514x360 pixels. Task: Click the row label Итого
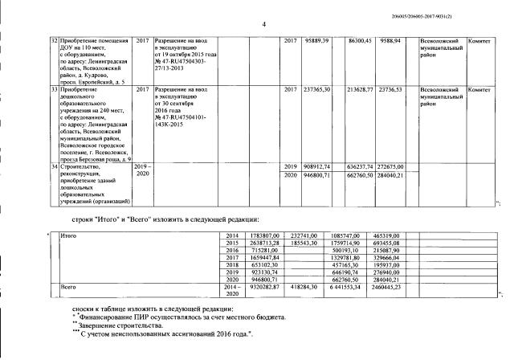[70, 235]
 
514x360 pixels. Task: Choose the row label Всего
[69, 286]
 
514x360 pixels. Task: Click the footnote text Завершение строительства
[120, 326]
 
